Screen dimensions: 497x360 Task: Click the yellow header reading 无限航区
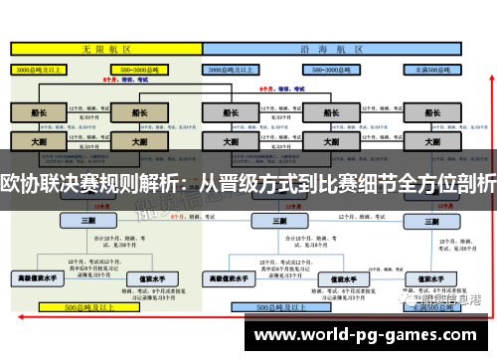point(101,48)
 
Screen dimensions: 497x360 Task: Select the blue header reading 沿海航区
point(348,48)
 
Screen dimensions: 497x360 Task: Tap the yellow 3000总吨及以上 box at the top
point(38,70)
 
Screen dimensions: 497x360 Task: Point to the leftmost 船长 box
point(38,112)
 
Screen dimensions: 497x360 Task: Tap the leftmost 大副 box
point(38,141)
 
